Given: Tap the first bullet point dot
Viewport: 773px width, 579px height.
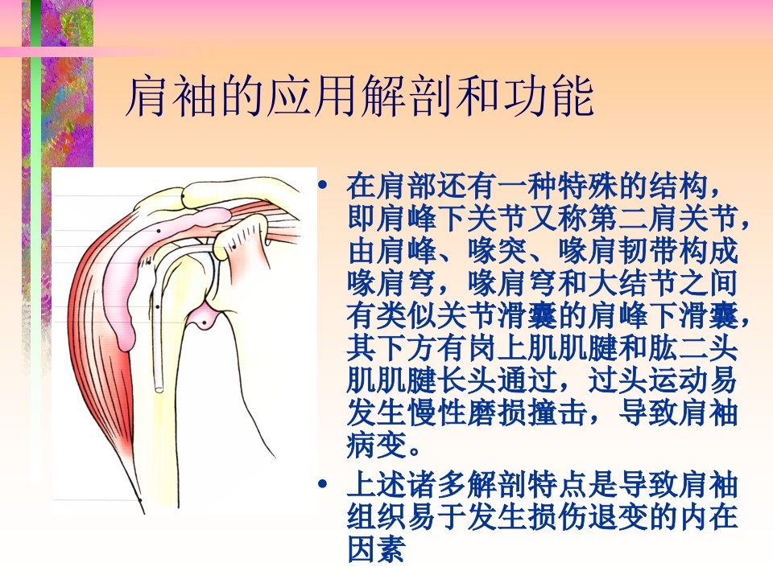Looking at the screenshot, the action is pos(323,186).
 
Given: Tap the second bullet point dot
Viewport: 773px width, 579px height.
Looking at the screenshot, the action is pos(323,484).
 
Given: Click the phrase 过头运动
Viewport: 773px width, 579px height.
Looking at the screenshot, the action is pos(647,380).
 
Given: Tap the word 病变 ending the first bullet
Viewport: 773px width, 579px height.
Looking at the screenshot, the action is pos(377,445).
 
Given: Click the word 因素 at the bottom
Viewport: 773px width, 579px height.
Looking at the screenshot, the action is pos(377,549).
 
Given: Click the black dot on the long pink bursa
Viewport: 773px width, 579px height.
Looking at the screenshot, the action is pos(159,231).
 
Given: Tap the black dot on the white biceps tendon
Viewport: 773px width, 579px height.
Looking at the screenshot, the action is pos(157,306).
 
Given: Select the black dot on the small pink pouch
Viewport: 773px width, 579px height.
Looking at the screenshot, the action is pos(204,323).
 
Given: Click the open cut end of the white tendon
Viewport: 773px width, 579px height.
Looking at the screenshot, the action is pos(159,388).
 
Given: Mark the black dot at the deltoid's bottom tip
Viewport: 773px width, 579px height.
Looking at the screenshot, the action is pos(140,500).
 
